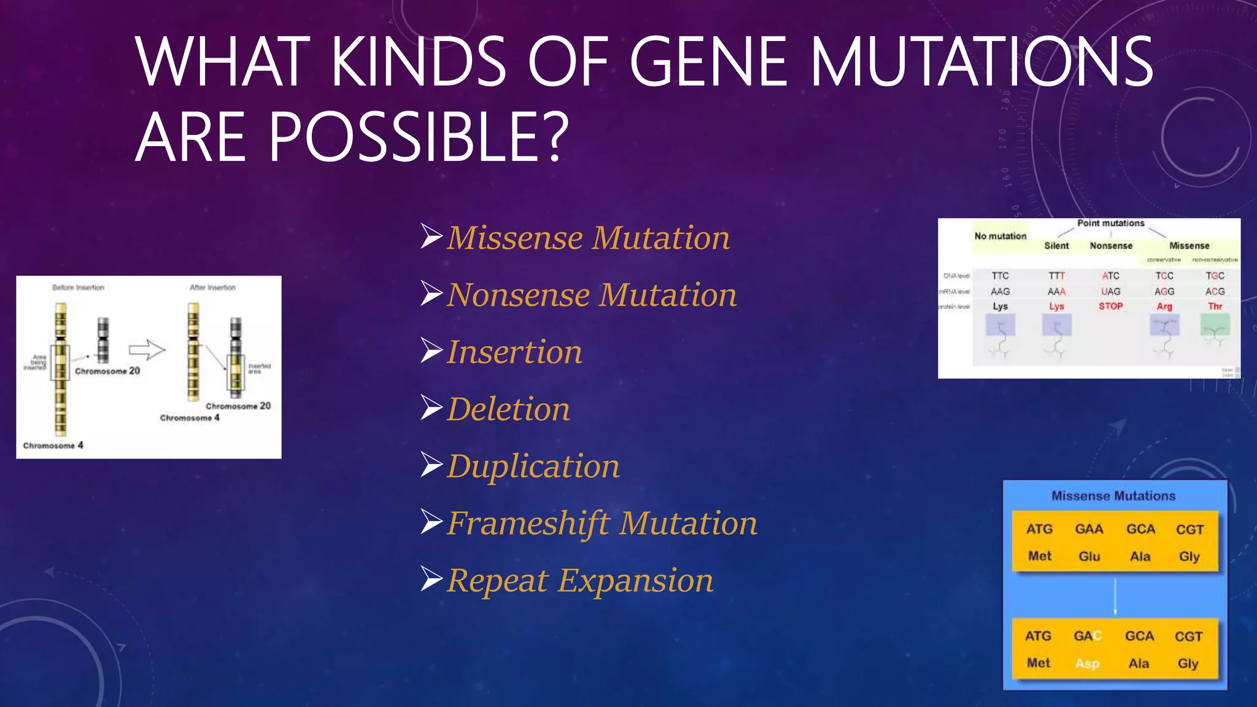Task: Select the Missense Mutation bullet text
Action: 588,238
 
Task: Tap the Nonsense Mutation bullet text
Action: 592,295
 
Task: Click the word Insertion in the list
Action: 514,352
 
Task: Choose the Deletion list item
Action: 509,409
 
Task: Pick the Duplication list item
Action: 533,466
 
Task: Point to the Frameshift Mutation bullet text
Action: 602,523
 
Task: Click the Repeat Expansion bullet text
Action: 580,581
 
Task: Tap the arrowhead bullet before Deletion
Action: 431,408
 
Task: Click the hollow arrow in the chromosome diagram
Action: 147,350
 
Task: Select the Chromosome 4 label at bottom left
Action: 53,446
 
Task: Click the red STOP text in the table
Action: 1111,306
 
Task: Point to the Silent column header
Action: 1056,245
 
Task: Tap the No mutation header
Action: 1000,236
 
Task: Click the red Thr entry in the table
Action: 1215,306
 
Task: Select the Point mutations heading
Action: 1111,223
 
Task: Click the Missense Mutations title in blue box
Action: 1113,496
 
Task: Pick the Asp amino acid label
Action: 1087,663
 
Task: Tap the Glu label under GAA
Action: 1089,557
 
